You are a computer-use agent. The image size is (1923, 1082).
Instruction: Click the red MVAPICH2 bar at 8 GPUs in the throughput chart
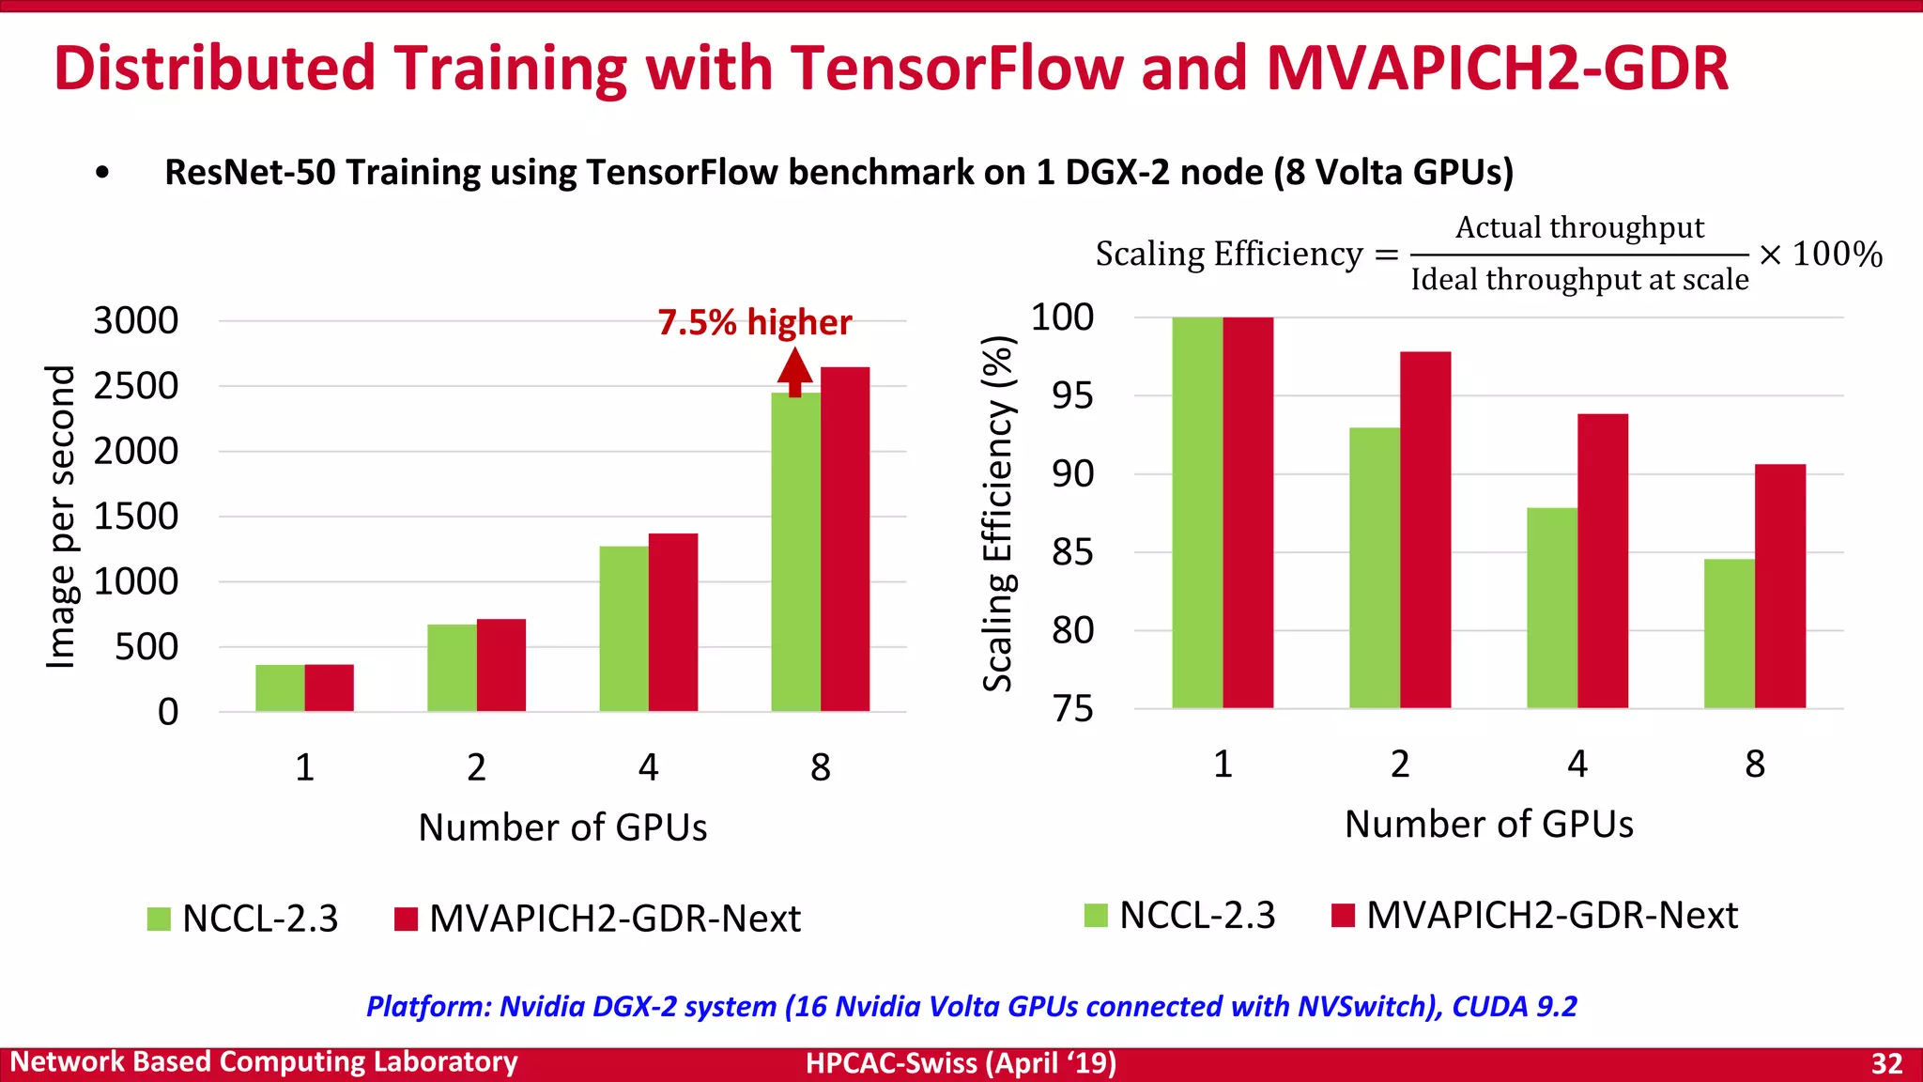point(845,540)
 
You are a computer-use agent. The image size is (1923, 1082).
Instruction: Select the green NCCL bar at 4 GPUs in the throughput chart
point(623,629)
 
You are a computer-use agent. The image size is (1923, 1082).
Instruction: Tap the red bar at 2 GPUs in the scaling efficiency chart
point(1425,531)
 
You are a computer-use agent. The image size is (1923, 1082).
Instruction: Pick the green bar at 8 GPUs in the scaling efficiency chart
point(1730,634)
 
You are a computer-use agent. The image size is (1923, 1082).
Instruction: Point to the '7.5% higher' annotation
point(755,322)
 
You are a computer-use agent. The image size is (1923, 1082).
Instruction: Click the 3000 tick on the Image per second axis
point(136,321)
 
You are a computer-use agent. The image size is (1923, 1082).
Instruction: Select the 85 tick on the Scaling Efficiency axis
point(1072,552)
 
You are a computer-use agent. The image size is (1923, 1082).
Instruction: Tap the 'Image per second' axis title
point(61,517)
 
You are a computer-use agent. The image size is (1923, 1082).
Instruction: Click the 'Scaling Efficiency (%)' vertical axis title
point(998,514)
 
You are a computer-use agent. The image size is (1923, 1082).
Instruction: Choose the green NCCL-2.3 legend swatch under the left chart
point(159,919)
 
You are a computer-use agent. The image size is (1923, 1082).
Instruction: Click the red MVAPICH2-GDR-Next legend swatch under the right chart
point(1343,915)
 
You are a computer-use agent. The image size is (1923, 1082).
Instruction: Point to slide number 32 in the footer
point(1886,1063)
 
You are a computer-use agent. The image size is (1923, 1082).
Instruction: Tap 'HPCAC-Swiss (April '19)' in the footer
point(961,1063)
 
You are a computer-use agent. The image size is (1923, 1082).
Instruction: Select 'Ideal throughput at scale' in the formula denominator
point(1579,280)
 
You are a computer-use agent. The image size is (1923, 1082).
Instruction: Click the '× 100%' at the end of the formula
point(1820,255)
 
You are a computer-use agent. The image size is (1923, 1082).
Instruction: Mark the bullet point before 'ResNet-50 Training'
point(102,173)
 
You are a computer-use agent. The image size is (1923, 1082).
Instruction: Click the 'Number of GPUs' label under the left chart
point(562,827)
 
